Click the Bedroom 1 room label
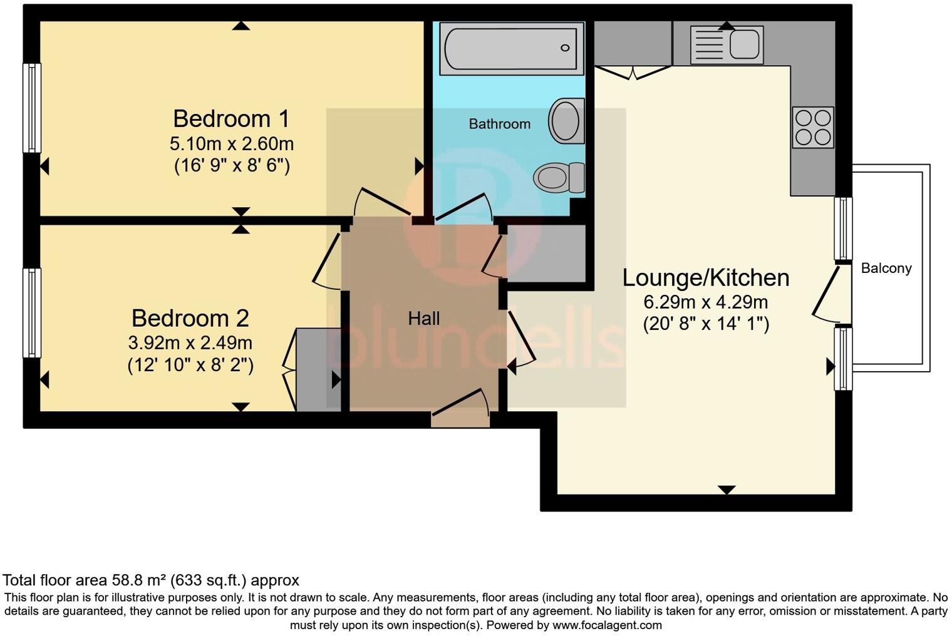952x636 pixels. [231, 118]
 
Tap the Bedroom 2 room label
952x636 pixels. [190, 318]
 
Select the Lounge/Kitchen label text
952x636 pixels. [705, 277]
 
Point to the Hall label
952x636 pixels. [424, 319]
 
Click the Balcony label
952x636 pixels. [886, 269]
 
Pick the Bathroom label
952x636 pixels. [499, 124]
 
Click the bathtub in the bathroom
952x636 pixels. [511, 48]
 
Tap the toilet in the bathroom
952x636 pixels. [558, 177]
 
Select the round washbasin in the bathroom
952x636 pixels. [566, 120]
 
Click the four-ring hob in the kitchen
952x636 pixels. [813, 127]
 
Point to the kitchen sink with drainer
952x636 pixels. [727, 45]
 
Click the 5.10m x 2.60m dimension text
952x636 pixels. [231, 144]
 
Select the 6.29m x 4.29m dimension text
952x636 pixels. [705, 302]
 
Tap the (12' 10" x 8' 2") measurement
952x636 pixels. [190, 365]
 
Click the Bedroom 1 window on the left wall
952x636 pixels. [32, 108]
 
